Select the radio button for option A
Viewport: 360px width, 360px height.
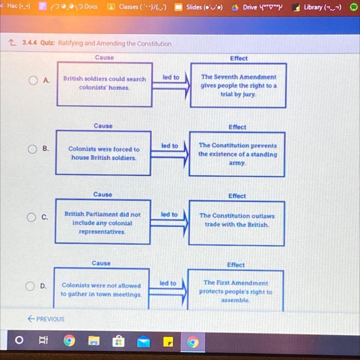coord(33,80)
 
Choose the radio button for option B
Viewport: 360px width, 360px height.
coord(33,149)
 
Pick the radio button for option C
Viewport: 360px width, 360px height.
coord(32,217)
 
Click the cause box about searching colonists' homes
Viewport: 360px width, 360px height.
coord(104,84)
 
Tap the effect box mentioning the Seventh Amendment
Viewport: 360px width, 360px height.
coord(238,86)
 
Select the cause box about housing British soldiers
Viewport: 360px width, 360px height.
coord(103,153)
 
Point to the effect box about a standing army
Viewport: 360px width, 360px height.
coord(237,154)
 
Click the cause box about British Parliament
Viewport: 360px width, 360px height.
coord(103,222)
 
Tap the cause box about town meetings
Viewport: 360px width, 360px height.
coord(101,290)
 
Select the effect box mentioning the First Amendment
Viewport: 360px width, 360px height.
coord(236,291)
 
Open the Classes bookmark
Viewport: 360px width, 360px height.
coord(137,7)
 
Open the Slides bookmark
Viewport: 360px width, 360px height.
coord(199,7)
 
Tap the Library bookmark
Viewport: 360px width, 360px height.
coord(317,7)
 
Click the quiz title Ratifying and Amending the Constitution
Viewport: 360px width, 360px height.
coord(115,43)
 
